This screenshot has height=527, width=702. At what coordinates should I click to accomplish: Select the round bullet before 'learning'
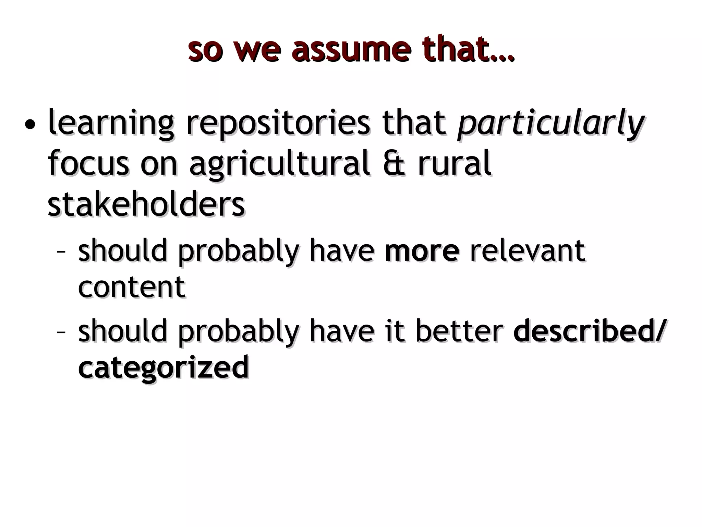(x=30, y=124)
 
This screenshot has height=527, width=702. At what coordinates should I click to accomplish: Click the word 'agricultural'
(x=279, y=164)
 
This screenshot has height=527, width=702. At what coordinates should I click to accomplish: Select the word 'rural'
(x=455, y=163)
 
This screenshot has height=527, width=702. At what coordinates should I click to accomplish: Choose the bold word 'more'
(x=422, y=251)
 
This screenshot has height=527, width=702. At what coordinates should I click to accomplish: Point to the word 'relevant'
(x=528, y=251)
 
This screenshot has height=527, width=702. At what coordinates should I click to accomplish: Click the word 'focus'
(x=88, y=163)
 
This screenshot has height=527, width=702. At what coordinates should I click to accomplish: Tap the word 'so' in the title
(x=205, y=51)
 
